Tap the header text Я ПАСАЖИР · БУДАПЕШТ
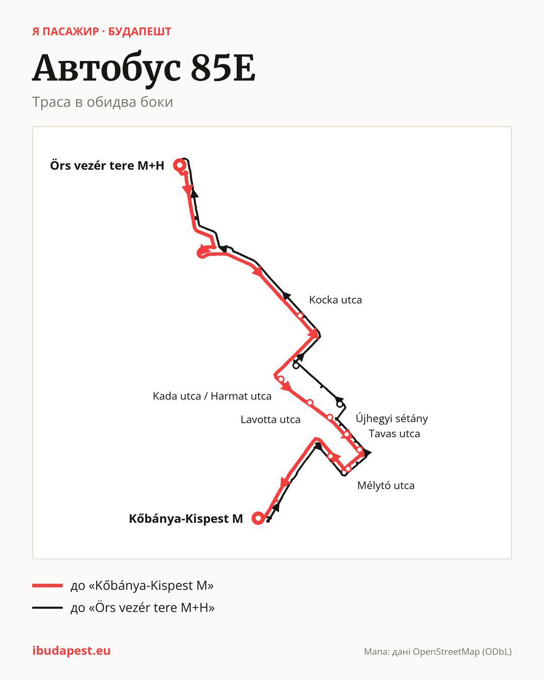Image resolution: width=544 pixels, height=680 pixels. [x=102, y=32]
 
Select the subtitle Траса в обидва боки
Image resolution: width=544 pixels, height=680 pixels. [x=103, y=102]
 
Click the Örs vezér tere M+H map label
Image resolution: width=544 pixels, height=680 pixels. [x=107, y=166]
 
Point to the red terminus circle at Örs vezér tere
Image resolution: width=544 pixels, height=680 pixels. [x=180, y=165]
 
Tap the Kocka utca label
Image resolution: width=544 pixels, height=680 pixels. [x=335, y=300]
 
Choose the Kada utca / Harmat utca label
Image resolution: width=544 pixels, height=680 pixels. [x=212, y=396]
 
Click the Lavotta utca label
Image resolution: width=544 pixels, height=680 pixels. [x=270, y=419]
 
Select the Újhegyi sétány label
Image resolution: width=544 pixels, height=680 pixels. [x=392, y=419]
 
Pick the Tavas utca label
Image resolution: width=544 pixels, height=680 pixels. [x=394, y=434]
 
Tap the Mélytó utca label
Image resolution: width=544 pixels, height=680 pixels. [x=386, y=486]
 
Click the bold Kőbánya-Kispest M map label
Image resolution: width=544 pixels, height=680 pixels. [x=186, y=518]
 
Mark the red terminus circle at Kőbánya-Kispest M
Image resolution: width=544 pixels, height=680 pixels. [x=258, y=518]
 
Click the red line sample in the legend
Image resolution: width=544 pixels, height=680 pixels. [x=47, y=585]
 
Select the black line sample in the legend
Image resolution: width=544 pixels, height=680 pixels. [x=47, y=607]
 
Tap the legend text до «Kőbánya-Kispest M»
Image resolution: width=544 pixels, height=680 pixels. [x=142, y=585]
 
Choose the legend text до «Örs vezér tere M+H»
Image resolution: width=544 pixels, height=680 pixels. [x=143, y=607]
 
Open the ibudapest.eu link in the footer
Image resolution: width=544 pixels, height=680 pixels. [x=72, y=651]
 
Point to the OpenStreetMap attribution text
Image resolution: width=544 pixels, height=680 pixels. [x=438, y=652]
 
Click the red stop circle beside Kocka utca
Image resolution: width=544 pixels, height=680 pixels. [x=300, y=316]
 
